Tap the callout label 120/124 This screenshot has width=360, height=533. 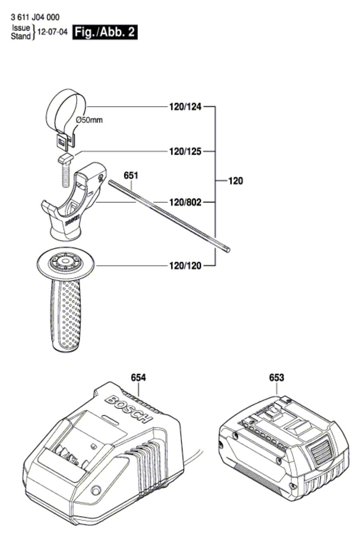click(x=184, y=107)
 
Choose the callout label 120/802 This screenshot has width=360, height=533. click(x=184, y=202)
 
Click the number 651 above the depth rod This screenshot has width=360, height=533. click(x=131, y=175)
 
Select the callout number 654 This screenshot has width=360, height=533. click(x=138, y=377)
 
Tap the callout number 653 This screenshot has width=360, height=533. click(x=276, y=377)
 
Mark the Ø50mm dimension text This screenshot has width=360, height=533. click(x=89, y=120)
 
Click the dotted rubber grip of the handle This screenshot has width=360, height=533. click(x=66, y=316)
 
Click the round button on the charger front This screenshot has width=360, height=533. click(x=96, y=491)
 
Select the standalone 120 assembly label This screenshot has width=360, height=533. click(x=236, y=181)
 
